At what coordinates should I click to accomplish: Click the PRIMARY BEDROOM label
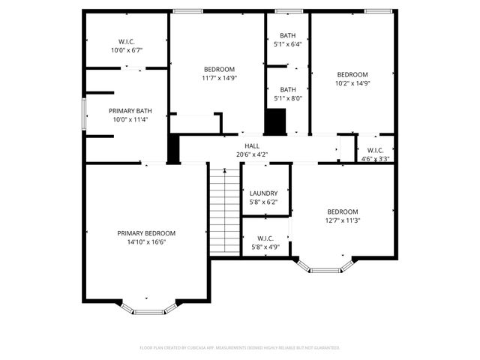coord(146,233)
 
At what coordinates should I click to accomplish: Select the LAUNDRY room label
coord(263,193)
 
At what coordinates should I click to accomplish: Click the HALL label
coord(251,146)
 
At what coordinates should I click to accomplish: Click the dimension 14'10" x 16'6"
coord(146,242)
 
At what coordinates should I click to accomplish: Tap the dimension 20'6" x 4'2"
coord(251,154)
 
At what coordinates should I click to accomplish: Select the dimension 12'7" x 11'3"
coord(342,220)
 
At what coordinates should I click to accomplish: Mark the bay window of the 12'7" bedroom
coord(325,266)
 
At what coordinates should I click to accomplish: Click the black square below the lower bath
coord(277,120)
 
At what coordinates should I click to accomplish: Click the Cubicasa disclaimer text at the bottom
coord(240,348)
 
